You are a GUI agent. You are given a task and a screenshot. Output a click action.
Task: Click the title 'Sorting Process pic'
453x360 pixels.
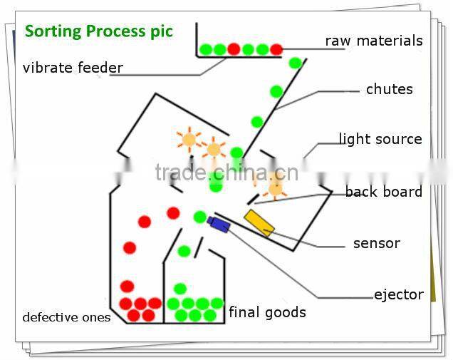tap(99, 31)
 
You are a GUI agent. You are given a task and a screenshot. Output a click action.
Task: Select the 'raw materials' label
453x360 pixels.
tap(373, 41)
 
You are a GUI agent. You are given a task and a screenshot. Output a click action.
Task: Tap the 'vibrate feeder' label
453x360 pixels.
tap(73, 68)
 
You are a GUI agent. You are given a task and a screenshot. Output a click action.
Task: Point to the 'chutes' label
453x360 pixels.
tap(389, 89)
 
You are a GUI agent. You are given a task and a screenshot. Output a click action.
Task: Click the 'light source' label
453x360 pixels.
tap(380, 139)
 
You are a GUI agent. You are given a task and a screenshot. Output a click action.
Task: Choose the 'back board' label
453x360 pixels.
tap(383, 192)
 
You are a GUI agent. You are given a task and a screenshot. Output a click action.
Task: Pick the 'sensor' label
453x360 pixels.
tap(376, 243)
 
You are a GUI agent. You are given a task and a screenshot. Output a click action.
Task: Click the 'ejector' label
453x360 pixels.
tap(398, 294)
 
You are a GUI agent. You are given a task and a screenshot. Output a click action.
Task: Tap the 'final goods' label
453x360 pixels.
tap(267, 312)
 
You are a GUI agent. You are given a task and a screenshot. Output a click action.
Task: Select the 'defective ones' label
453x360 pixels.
tap(66, 317)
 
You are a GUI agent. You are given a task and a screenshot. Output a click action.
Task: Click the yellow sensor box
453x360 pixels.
tap(259, 222)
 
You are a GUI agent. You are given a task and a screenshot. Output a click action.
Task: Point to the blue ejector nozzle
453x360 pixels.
tap(219, 224)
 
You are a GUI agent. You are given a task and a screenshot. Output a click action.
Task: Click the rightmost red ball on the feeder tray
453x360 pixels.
tap(276, 49)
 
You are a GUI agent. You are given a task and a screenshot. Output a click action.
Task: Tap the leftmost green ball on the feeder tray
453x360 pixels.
tap(206, 49)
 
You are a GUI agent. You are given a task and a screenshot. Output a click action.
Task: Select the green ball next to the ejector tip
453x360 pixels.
tap(200, 217)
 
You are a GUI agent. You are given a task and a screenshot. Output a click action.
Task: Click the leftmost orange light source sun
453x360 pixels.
tap(189, 140)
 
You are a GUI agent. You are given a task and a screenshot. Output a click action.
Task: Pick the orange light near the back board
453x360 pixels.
tap(275, 188)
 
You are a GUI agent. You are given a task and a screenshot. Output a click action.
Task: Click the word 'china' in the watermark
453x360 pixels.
tap(229, 172)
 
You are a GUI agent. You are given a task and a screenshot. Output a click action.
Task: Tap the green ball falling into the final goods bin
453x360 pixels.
tap(184, 251)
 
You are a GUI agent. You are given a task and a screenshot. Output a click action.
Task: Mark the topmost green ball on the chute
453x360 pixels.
tap(295, 63)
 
